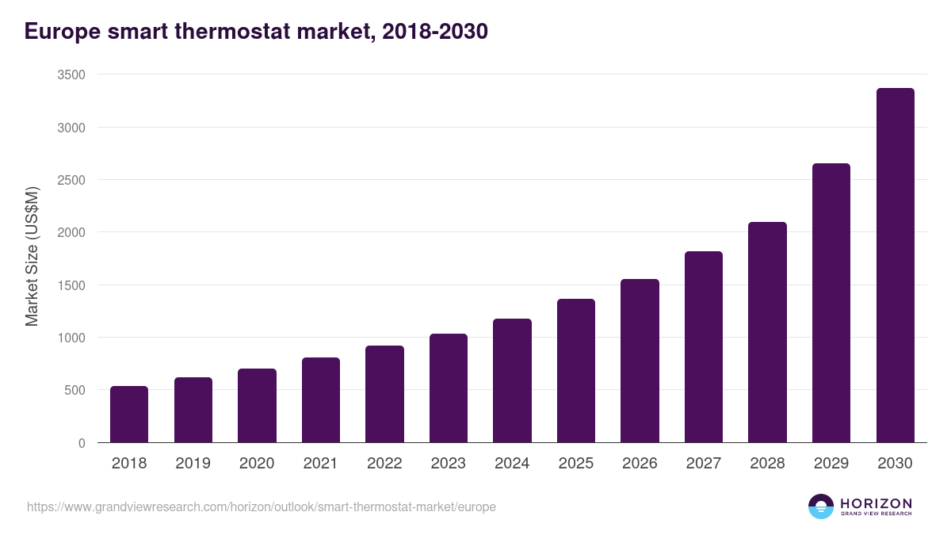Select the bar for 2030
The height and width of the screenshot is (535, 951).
tap(895, 266)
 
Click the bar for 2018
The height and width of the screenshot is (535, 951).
tap(129, 415)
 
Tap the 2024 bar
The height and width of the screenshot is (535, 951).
tap(512, 380)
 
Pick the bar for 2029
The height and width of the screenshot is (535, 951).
tap(831, 303)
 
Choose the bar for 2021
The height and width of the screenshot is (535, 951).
tap(321, 400)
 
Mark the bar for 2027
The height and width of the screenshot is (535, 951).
tap(704, 347)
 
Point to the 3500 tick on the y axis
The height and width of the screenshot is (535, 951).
tap(71, 75)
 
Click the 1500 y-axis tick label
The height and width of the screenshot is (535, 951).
tap(71, 285)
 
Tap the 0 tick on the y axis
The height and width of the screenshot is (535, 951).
tap(81, 443)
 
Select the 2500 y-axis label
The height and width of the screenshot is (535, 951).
tap(71, 180)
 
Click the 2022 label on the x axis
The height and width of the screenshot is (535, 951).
tap(384, 464)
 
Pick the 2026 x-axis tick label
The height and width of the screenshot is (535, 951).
tap(640, 464)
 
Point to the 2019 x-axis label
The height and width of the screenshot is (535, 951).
tap(193, 464)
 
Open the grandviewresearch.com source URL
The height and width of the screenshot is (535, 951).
tap(262, 506)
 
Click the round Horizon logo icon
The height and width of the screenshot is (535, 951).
tap(820, 506)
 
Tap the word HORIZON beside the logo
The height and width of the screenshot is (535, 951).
tap(876, 503)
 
